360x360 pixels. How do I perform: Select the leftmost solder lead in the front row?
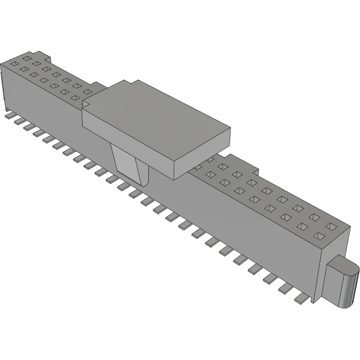[9, 116]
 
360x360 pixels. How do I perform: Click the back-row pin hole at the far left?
[26, 58]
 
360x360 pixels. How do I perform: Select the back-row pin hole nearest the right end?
[332, 225]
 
